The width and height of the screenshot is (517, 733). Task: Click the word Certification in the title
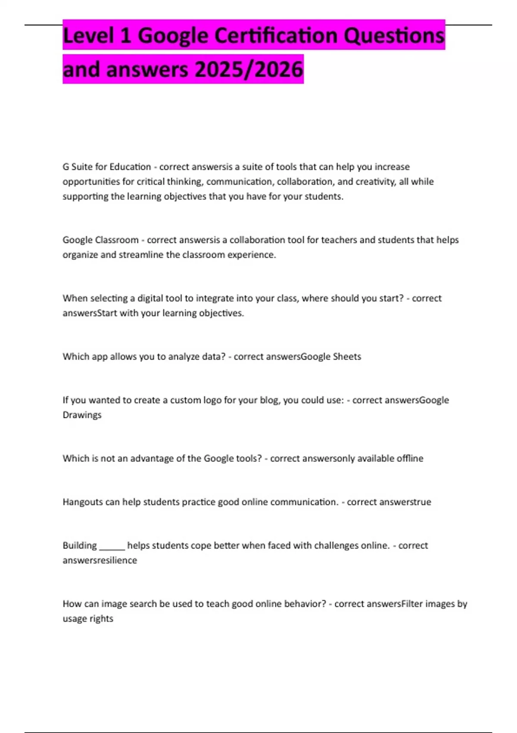(x=276, y=35)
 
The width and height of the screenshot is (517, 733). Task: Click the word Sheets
(x=347, y=357)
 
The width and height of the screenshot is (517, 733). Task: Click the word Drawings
(x=82, y=415)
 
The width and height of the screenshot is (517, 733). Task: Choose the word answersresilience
(x=100, y=561)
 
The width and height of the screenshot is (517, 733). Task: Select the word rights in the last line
(x=102, y=619)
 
